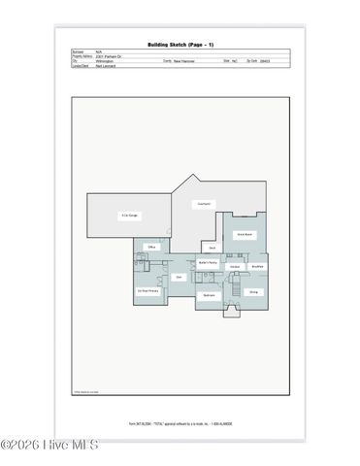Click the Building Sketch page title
tap(180, 44)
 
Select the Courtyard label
tap(204, 204)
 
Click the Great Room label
tap(247, 234)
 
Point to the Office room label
tap(151, 249)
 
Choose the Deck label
tap(213, 248)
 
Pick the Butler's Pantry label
tap(208, 262)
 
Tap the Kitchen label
tap(235, 266)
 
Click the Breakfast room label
tap(257, 266)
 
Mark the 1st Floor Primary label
tap(147, 291)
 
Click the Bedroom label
tap(208, 295)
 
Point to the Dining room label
tap(253, 291)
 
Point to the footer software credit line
tap(180, 423)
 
